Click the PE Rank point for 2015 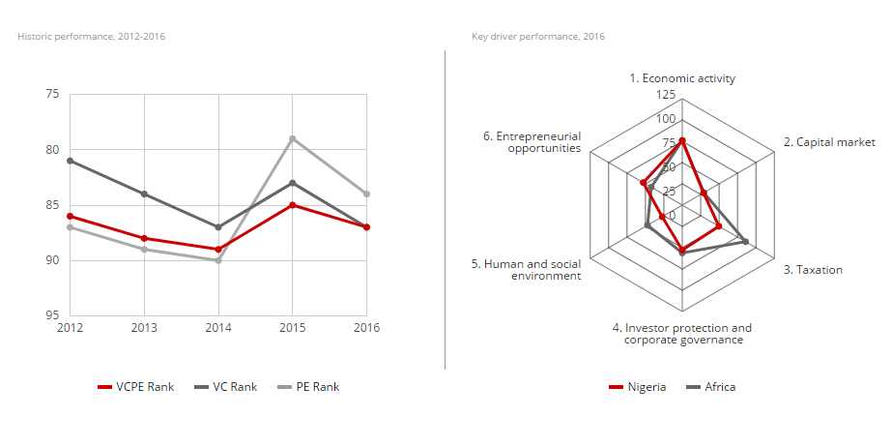[293, 138]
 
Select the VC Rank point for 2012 [70, 161]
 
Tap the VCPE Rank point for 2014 [218, 250]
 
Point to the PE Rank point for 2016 [367, 194]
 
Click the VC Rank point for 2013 [144, 194]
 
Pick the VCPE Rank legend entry [136, 387]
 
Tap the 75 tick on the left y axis [51, 94]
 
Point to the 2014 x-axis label [218, 327]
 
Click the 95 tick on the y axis [51, 315]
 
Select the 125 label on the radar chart [666, 95]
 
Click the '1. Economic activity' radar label [682, 78]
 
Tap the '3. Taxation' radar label [813, 270]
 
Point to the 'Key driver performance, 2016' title [538, 37]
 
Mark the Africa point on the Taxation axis [745, 241]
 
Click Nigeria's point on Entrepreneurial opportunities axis [643, 182]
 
